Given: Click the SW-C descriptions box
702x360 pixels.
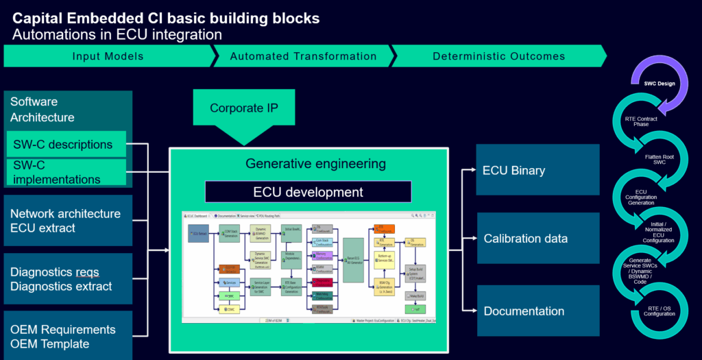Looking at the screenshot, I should click(67, 145).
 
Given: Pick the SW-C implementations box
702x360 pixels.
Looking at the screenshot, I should click(67, 172).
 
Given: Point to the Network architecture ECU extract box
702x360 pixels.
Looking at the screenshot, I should click(67, 221).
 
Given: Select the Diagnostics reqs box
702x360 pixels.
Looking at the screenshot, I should click(67, 279).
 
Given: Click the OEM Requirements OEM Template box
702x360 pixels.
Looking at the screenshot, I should click(67, 337).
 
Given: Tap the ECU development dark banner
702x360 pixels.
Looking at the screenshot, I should click(308, 192).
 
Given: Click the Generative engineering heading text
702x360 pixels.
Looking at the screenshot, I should click(315, 164).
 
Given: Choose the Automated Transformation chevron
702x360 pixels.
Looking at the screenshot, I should click(303, 56).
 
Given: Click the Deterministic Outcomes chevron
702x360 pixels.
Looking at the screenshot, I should click(498, 56).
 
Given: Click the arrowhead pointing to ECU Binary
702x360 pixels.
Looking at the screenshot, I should click(474, 170).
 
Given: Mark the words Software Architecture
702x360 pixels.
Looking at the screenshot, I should click(43, 110).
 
